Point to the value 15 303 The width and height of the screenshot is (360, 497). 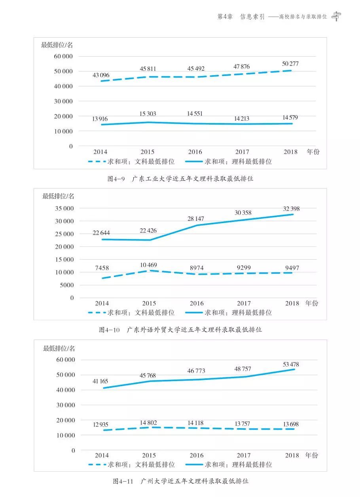click(148, 114)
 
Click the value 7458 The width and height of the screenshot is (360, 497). click(102, 268)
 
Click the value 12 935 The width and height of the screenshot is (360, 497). click(101, 425)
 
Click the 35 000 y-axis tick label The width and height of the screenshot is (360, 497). click(63, 209)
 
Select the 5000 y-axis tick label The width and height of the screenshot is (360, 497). click(66, 285)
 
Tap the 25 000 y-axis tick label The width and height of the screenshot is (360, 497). click(63, 234)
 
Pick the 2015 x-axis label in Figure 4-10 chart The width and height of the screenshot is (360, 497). click(149, 304)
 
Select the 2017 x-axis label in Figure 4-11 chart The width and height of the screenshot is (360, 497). click(244, 455)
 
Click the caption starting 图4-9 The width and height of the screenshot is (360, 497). click(180, 179)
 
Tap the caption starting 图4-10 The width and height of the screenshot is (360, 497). click(180, 330)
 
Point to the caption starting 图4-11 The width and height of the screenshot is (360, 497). click(180, 482)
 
